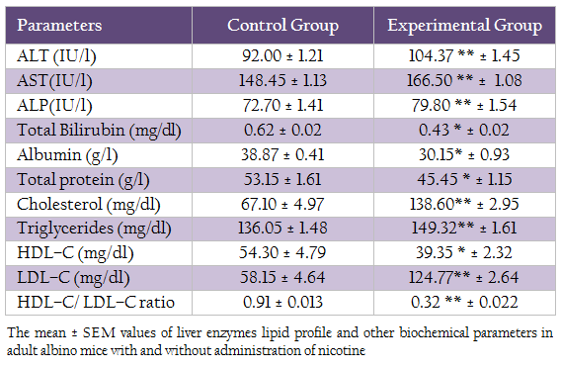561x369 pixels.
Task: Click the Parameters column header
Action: [x=59, y=25]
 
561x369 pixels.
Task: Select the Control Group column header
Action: [x=282, y=25]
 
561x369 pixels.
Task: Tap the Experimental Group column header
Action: [x=464, y=26]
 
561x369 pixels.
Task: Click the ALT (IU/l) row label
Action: [x=56, y=56]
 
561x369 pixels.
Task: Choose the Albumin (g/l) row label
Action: [x=67, y=155]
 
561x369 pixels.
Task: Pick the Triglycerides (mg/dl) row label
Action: [x=94, y=229]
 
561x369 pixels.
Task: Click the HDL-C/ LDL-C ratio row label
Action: [x=96, y=303]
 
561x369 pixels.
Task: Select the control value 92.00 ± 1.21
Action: [x=282, y=55]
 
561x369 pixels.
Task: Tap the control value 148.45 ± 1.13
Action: [x=282, y=80]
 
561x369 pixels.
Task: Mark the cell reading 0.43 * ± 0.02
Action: [x=464, y=130]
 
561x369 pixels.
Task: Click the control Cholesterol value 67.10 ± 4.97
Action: [x=282, y=204]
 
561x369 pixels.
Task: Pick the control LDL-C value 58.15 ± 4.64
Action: [x=282, y=278]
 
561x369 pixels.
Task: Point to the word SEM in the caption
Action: [x=99, y=333]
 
